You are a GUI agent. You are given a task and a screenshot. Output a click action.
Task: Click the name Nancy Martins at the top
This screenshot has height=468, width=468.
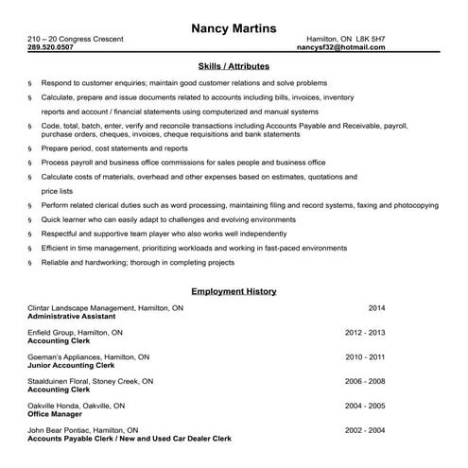click(234, 27)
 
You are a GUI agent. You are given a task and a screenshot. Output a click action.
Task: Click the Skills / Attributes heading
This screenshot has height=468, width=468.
click(234, 66)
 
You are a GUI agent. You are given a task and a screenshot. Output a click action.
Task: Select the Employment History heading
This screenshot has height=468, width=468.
click(234, 292)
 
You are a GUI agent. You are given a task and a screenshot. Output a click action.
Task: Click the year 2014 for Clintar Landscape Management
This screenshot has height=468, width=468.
click(376, 308)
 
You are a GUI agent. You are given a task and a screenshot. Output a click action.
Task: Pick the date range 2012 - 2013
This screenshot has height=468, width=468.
click(366, 333)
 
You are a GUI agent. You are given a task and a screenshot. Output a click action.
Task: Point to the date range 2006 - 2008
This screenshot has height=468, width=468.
click(366, 382)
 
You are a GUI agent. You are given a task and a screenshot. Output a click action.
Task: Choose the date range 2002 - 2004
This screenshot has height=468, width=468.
click(366, 431)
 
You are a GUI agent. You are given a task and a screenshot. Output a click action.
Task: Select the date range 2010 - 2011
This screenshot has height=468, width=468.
click(366, 357)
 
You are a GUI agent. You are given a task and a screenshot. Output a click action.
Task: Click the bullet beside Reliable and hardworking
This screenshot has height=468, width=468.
click(31, 263)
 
